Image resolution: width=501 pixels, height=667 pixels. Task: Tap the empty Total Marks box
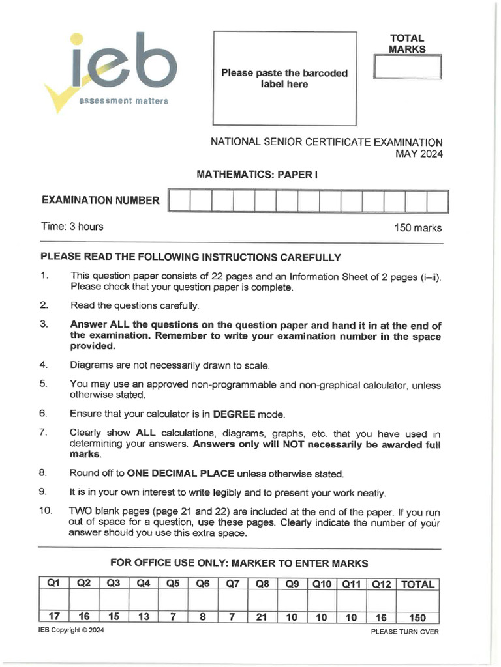[x=408, y=68]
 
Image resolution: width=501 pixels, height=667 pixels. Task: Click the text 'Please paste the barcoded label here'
[x=284, y=79]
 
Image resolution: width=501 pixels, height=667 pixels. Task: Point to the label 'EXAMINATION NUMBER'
[x=100, y=201]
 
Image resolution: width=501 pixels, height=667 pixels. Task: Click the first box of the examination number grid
[x=179, y=201]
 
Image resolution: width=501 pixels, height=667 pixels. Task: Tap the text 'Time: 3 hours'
[x=72, y=227]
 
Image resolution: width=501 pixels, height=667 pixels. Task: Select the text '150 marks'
[x=417, y=228]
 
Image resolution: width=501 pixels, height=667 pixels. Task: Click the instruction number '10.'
[x=45, y=511]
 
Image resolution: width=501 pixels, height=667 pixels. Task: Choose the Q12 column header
[x=381, y=584]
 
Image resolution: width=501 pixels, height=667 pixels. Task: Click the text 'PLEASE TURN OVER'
[x=404, y=632]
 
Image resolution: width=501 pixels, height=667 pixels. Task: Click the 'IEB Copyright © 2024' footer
[x=71, y=631]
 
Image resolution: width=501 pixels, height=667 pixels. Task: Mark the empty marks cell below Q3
[x=114, y=600]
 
